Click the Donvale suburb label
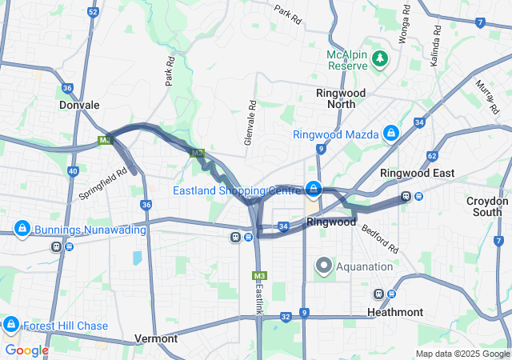[79, 105]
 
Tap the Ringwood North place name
[341, 98]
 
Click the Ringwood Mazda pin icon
[390, 134]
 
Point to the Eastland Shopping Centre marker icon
[314, 190]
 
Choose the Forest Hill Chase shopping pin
[11, 325]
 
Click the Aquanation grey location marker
[323, 266]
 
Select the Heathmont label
[395, 311]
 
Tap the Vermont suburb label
[156, 338]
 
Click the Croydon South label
[487, 206]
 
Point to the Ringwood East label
[417, 173]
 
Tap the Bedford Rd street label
[379, 237]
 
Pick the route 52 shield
[94, 12]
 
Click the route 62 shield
[432, 155]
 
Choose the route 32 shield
[286, 317]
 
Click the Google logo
[26, 350]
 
